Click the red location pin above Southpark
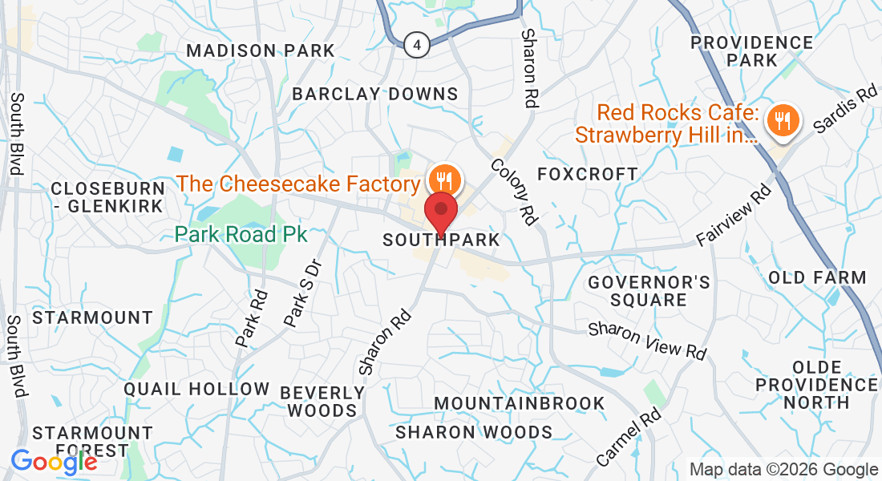441,212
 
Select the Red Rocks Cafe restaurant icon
779,122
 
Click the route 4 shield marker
416,44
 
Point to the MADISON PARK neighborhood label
261,51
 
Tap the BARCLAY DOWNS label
375,94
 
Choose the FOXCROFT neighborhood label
588,174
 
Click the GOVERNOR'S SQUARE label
649,291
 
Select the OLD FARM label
817,278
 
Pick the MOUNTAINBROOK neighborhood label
520,402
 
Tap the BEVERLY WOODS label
322,402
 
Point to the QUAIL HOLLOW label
197,390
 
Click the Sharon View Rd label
648,341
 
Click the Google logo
54,462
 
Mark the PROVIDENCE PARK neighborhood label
751,51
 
